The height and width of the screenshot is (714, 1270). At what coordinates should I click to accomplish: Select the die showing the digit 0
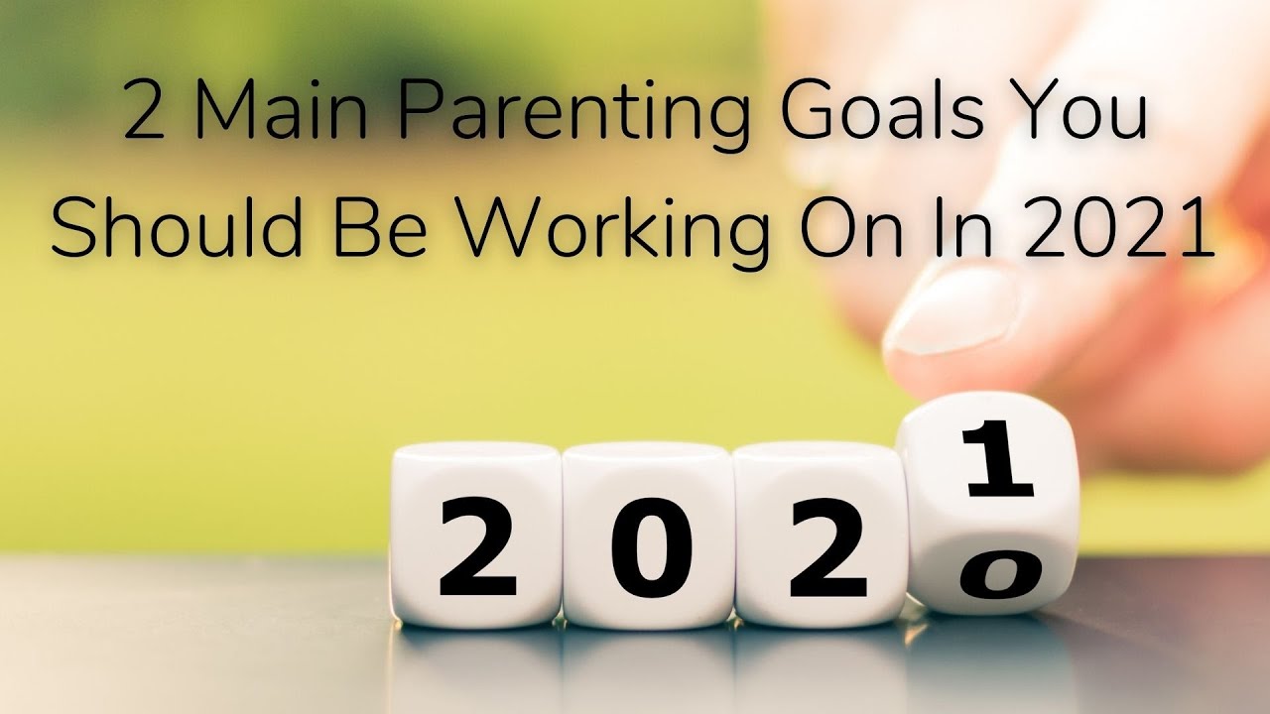coord(648,535)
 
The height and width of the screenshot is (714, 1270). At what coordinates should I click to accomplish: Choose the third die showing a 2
coord(820,535)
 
